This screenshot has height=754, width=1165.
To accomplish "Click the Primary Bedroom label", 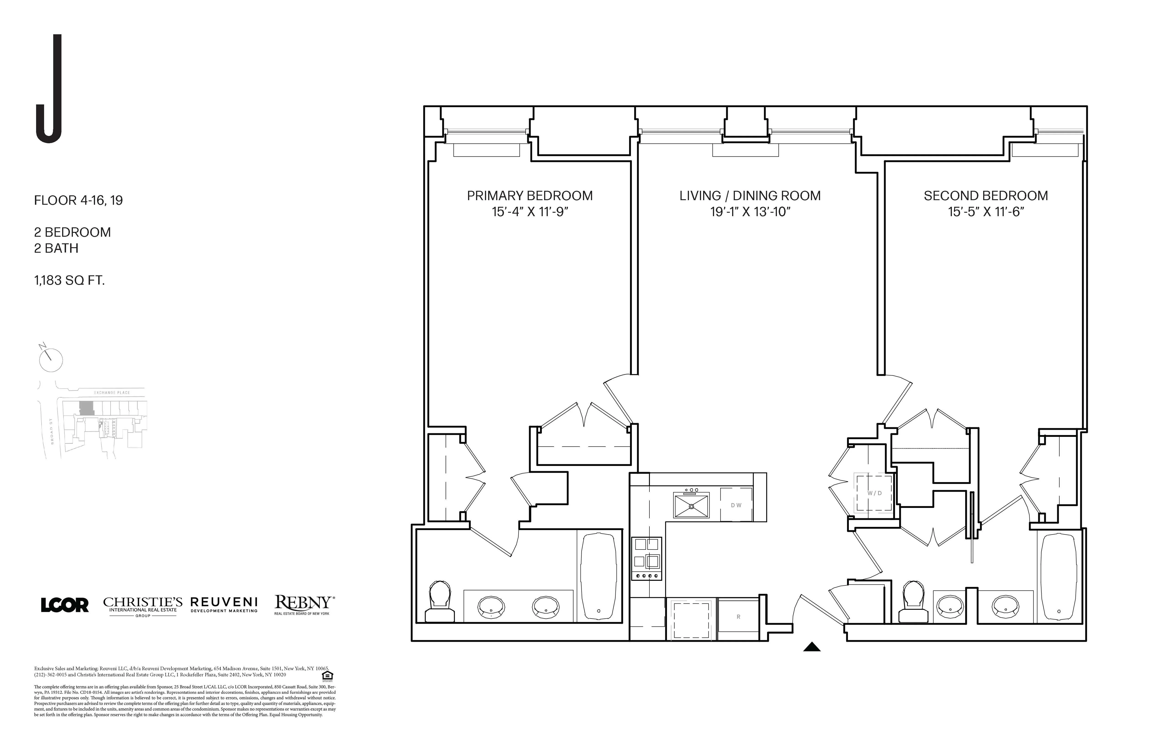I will [x=530, y=196].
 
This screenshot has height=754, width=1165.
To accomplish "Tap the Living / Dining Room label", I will [x=750, y=196].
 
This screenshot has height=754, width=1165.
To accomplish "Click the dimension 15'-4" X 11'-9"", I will [x=530, y=212].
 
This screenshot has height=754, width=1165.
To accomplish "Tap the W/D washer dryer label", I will [x=874, y=493].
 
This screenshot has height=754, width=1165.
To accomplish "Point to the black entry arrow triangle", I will [x=812, y=647].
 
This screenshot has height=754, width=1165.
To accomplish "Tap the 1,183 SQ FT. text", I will [x=69, y=281].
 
